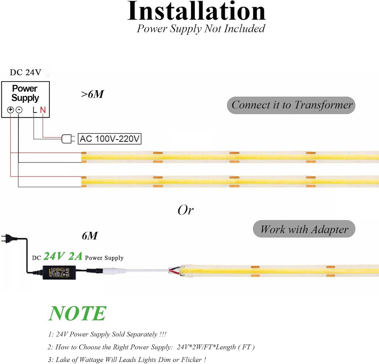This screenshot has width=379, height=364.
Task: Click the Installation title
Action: point(196,11)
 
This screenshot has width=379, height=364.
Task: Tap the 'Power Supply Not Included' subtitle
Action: point(201,29)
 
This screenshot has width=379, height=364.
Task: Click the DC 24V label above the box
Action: point(25,72)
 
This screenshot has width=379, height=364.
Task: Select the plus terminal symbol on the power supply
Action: point(10,110)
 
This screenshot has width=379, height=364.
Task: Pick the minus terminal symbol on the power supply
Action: point(19,110)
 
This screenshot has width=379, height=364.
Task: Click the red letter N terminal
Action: point(43,110)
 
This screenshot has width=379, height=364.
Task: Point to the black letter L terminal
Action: point(35,110)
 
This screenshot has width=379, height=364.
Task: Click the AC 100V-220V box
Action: point(109,139)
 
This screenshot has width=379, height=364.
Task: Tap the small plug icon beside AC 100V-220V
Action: point(68,139)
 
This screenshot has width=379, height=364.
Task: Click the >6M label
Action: point(92,94)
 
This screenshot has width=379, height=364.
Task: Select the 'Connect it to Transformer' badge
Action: point(291,105)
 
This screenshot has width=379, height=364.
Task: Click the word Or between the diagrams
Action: point(185,210)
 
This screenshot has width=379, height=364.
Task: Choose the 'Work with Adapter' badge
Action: point(304,229)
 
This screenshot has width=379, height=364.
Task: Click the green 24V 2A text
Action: point(63,256)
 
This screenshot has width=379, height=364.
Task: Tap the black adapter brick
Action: point(59,272)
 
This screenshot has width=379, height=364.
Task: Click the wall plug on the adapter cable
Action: point(6,238)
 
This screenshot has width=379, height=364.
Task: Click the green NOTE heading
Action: point(77,314)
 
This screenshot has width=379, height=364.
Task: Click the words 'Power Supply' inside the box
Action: point(25,93)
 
